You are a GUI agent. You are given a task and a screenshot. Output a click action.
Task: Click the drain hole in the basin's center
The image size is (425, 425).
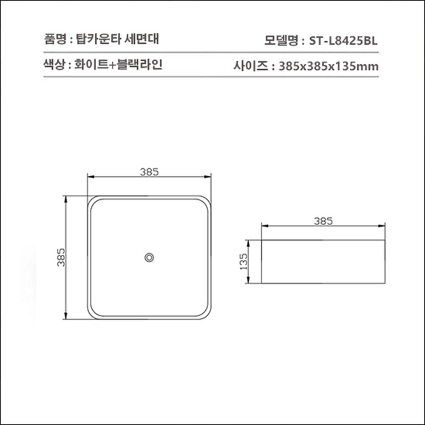(x=149, y=257)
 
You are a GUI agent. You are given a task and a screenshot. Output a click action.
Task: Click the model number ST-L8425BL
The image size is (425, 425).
(x=343, y=41)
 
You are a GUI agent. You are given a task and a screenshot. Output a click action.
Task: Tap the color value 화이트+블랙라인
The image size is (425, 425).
(x=119, y=64)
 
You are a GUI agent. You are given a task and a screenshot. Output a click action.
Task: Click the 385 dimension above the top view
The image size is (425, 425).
(x=149, y=171)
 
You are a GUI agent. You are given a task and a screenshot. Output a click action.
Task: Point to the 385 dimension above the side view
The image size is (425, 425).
(x=323, y=221)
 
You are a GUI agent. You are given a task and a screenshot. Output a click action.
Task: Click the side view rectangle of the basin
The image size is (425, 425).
(x=323, y=262)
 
